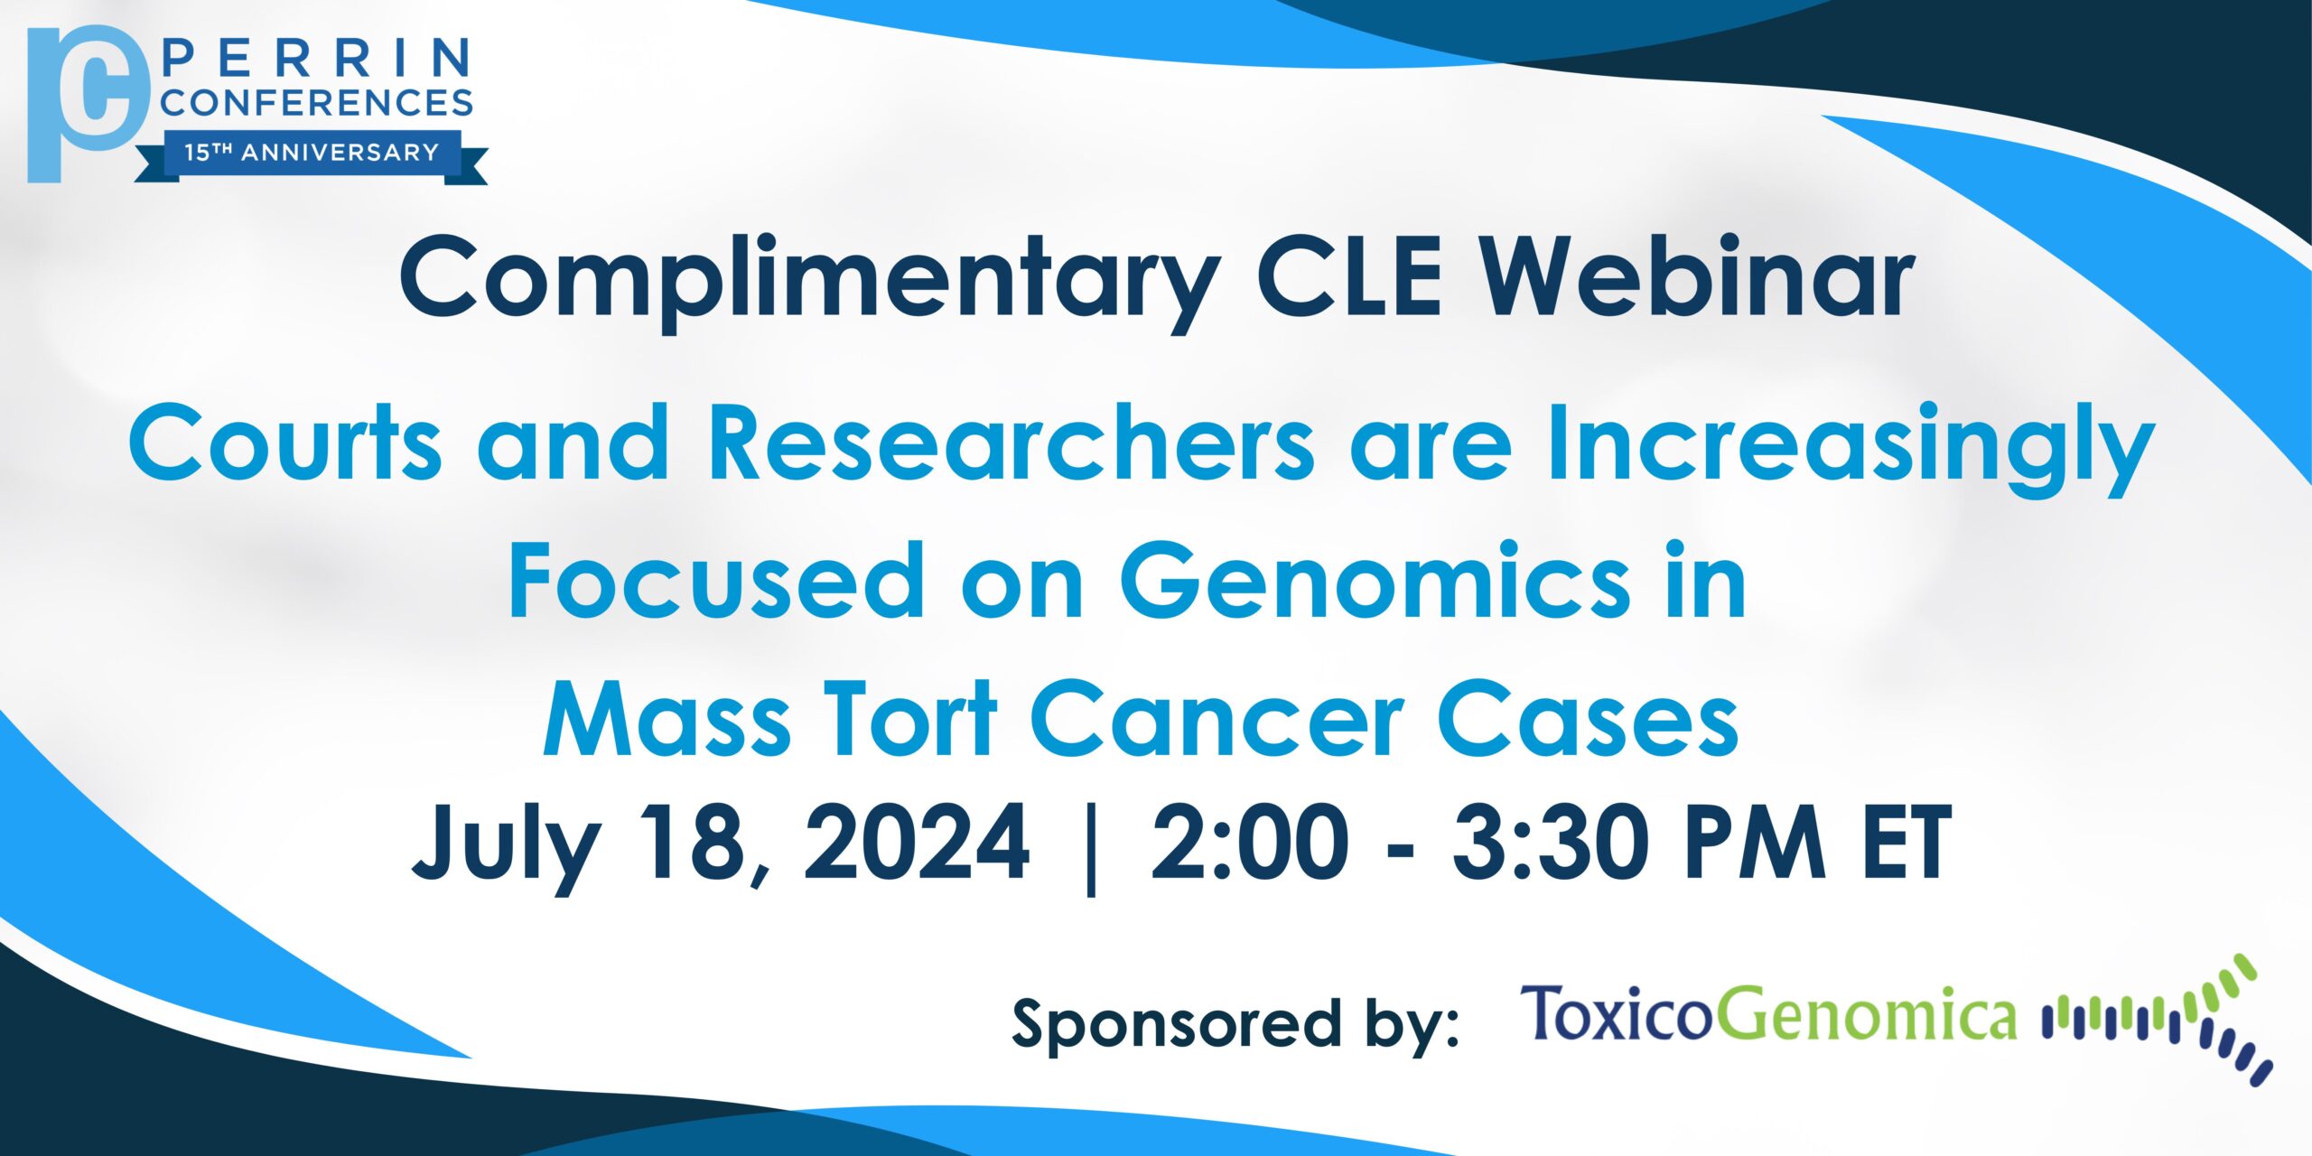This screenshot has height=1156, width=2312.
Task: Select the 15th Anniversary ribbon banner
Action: [312, 155]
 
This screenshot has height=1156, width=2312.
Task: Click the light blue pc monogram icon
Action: [88, 104]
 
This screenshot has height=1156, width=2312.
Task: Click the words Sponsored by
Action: [1235, 1024]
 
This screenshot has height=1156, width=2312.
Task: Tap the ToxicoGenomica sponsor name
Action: [1768, 1013]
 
